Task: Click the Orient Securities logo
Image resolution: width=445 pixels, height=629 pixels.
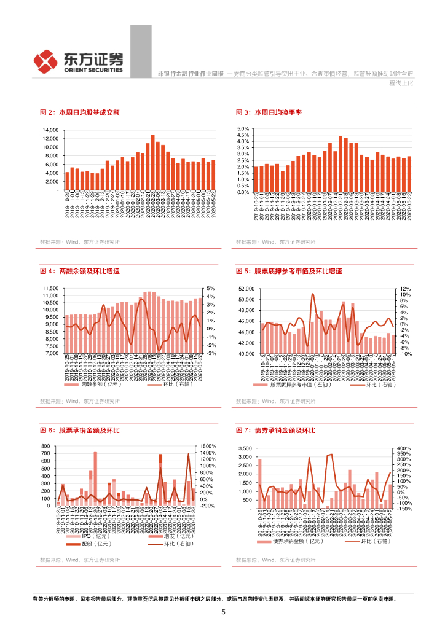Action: [78, 60]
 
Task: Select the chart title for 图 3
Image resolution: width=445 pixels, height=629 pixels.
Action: [269, 112]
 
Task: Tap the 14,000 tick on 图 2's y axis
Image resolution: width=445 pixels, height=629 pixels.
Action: [50, 131]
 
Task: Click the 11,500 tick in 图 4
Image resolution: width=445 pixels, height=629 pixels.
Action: [49, 288]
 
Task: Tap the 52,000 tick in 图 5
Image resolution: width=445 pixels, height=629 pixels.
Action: [245, 289]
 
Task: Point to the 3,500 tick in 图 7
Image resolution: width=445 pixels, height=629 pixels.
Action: [245, 448]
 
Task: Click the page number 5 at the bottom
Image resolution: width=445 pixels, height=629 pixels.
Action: [223, 612]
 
